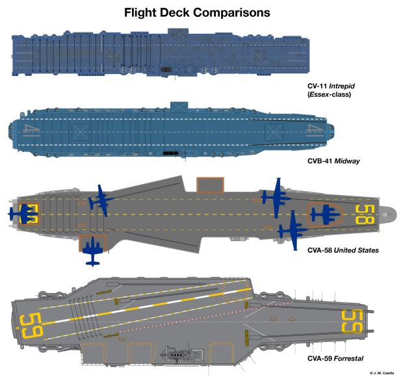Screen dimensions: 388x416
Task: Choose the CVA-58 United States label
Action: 343,250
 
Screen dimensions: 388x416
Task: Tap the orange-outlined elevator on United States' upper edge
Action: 209,185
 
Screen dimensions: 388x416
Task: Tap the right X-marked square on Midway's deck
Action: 274,133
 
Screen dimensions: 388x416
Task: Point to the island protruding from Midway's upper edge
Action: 177,105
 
